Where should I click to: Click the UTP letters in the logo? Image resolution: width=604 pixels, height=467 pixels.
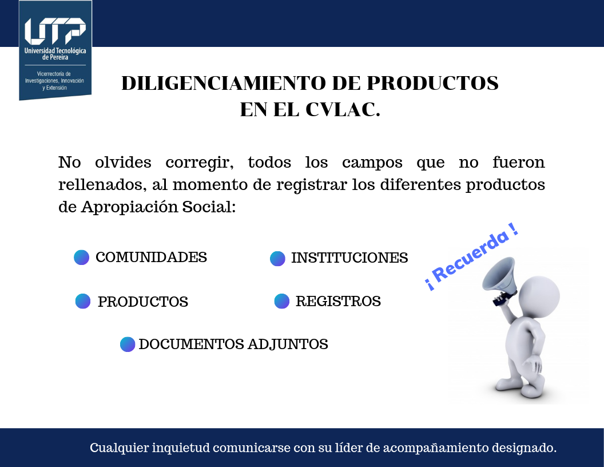tap(55, 30)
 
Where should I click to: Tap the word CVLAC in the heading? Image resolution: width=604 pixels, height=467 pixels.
tap(343, 109)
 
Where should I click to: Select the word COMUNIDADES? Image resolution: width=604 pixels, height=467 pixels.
tap(151, 257)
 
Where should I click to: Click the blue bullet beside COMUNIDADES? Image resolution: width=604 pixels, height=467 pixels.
tap(81, 258)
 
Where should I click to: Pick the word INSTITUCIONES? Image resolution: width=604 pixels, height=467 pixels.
tap(349, 258)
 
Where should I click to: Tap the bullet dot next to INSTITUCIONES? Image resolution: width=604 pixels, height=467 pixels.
tap(277, 259)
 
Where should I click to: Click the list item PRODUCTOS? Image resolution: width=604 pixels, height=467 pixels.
tap(143, 302)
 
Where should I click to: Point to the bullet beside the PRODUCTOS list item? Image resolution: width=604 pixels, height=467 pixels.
tap(83, 301)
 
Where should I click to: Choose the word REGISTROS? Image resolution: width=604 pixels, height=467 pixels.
tap(338, 301)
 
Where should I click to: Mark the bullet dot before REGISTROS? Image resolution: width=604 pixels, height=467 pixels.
tap(281, 301)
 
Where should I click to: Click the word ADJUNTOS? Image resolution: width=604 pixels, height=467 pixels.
tap(288, 344)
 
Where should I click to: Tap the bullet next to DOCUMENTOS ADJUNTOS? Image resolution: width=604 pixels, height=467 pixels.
tap(128, 345)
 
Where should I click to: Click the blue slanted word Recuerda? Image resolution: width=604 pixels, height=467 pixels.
tap(472, 258)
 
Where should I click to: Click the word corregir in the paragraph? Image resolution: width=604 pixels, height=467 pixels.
tap(200, 163)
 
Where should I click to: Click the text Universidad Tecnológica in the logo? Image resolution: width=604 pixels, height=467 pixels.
tap(55, 50)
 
